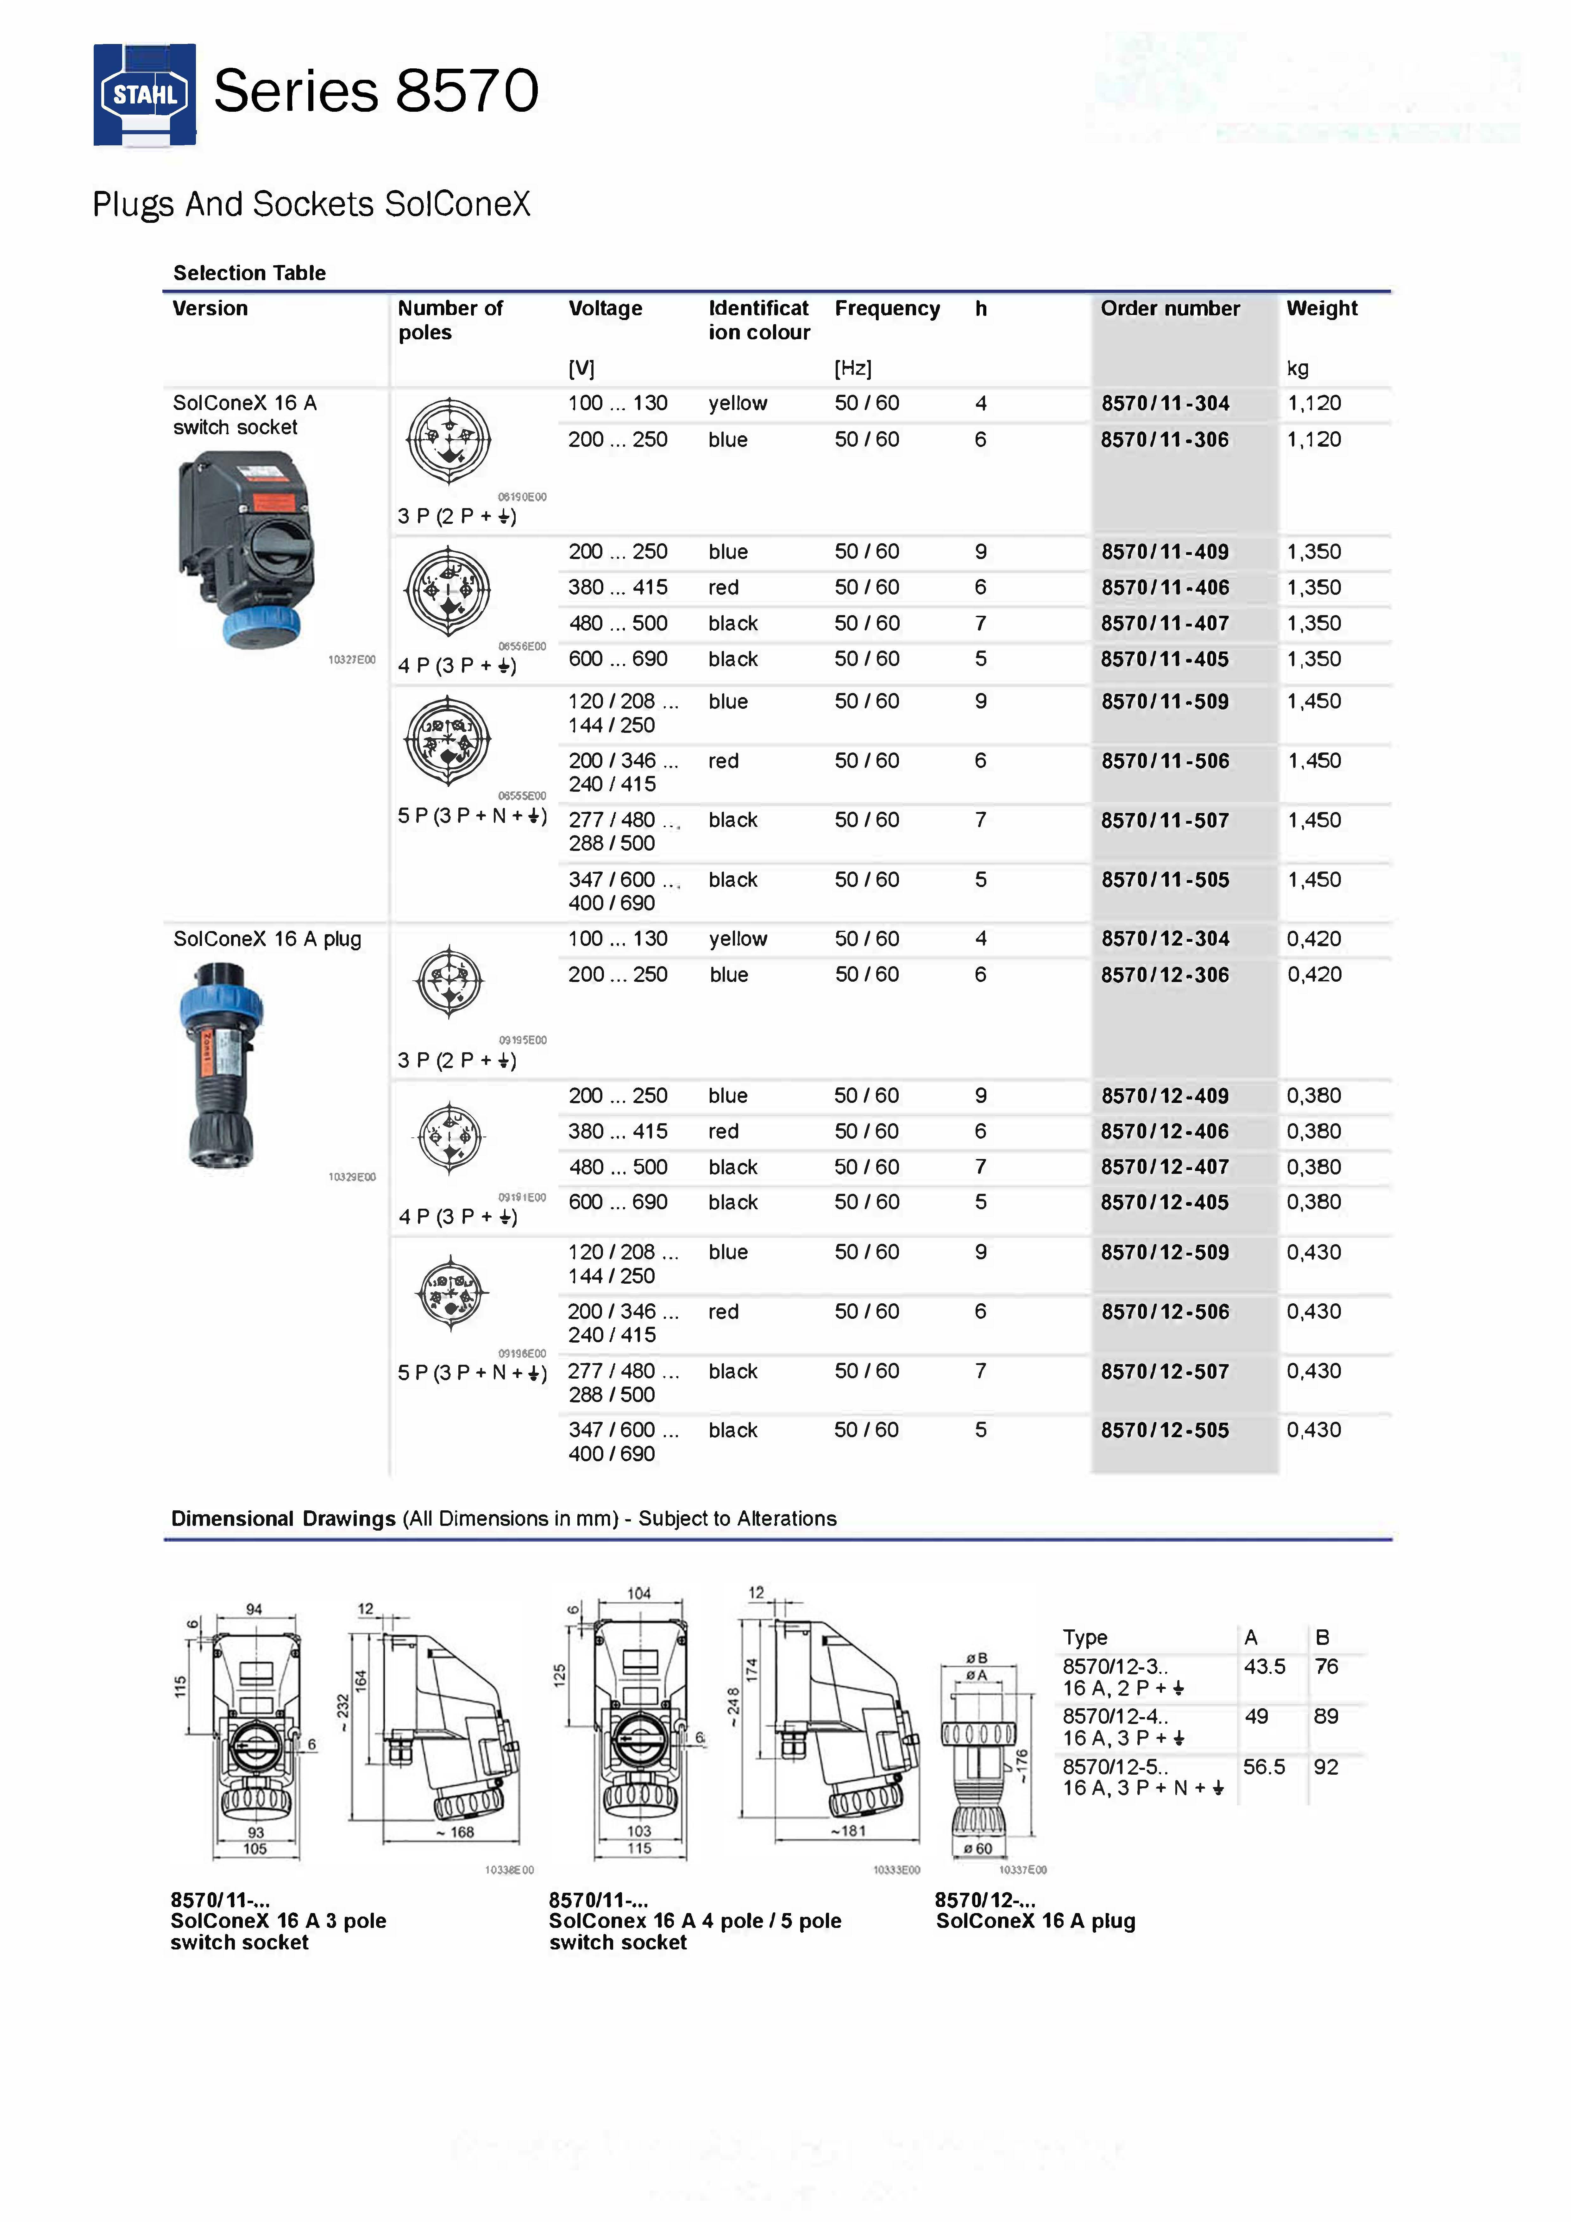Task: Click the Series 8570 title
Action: pos(375,91)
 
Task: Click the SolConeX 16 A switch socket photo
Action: pos(247,549)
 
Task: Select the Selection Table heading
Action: pos(249,273)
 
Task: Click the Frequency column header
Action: pos(887,309)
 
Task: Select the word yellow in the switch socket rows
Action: pos(738,404)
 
